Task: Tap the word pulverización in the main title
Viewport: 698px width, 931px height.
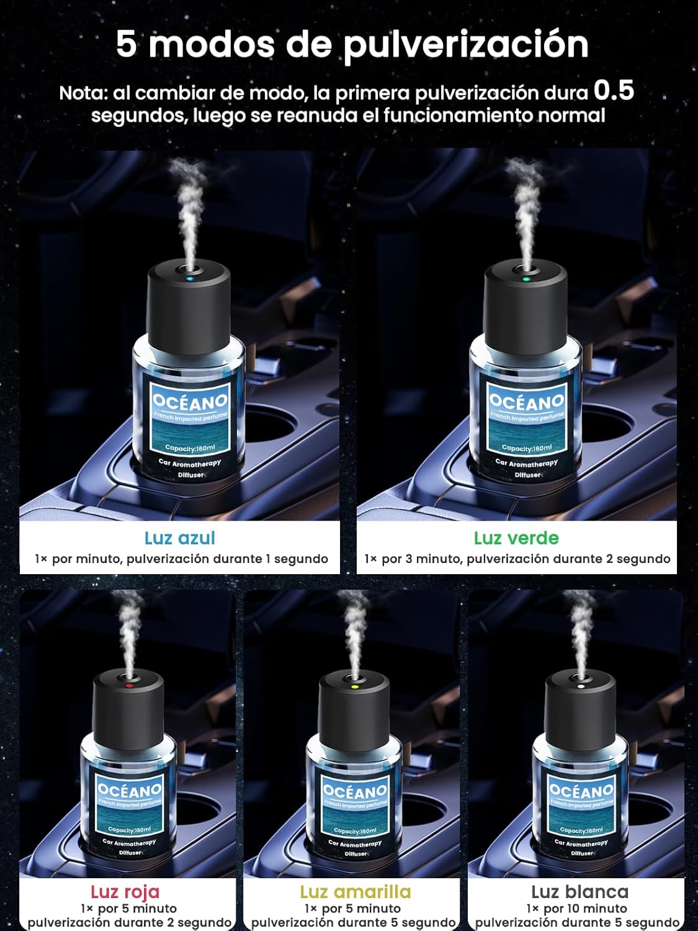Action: (x=466, y=45)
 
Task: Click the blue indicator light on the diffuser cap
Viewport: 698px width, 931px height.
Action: (x=189, y=279)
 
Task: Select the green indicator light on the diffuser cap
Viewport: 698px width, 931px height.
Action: (x=526, y=279)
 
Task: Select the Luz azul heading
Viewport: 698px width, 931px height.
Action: (x=180, y=538)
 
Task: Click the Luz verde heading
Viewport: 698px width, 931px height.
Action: (x=516, y=538)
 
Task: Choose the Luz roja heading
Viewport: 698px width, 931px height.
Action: (x=125, y=891)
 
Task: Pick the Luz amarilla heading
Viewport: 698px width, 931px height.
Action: (x=355, y=891)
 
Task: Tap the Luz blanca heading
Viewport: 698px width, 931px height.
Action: (x=579, y=891)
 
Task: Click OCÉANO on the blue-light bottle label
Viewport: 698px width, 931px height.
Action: (x=190, y=400)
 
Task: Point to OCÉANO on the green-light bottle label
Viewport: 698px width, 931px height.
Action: (x=527, y=400)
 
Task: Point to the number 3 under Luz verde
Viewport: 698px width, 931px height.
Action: (x=408, y=559)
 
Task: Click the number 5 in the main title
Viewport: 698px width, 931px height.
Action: (x=126, y=43)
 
